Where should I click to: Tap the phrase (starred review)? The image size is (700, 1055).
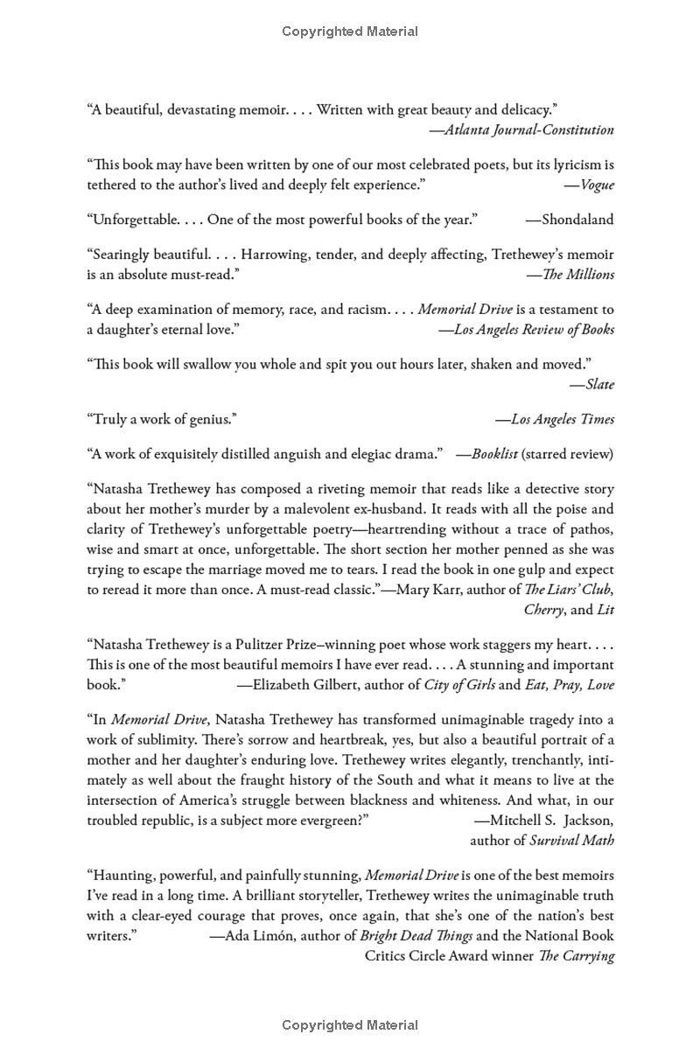[x=569, y=454]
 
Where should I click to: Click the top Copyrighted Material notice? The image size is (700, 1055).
[x=350, y=31]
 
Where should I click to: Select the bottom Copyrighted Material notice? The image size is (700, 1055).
[x=350, y=1025]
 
